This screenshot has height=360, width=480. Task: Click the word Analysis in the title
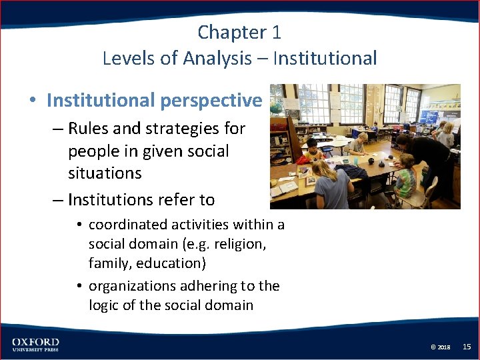[216, 58]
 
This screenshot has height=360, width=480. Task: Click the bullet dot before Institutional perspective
[33, 101]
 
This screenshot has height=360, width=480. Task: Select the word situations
[105, 173]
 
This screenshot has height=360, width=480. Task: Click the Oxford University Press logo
[35, 345]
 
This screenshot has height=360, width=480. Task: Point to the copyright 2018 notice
[440, 347]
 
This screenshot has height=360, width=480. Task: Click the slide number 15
[467, 347]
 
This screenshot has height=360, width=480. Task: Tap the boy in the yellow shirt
[359, 143]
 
